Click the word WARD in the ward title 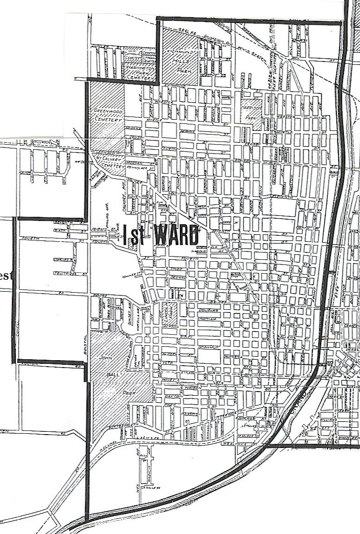176,236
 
